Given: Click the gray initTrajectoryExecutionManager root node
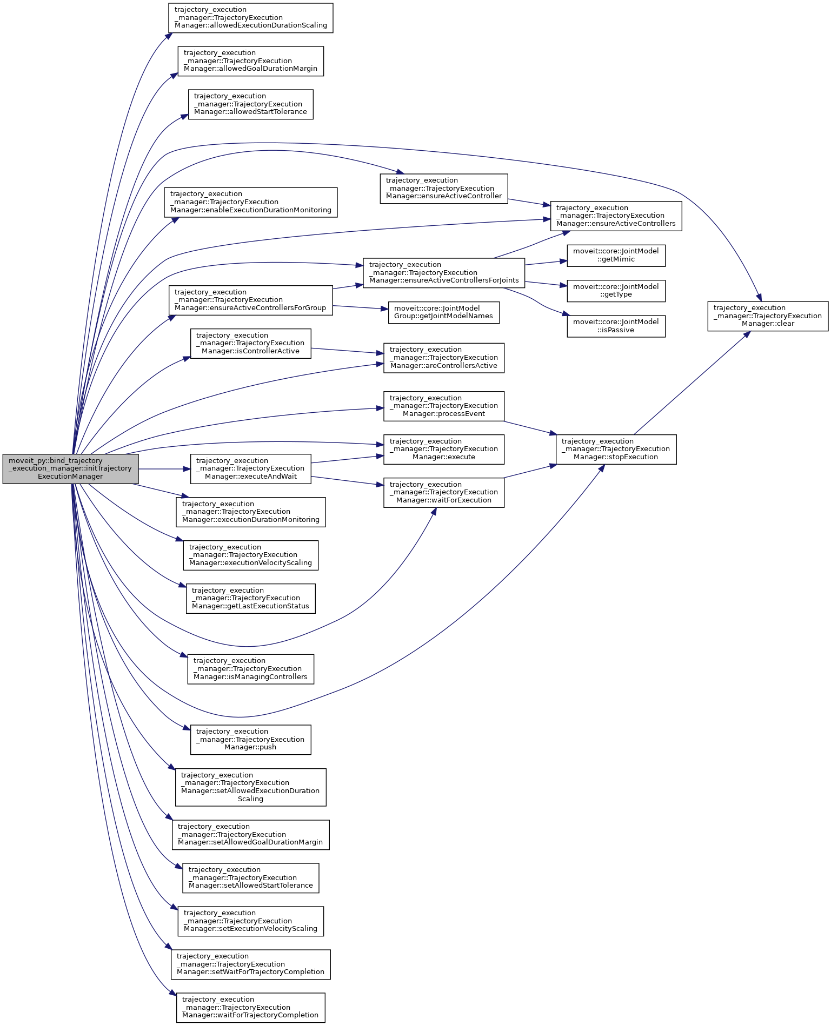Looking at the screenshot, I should coord(70,468).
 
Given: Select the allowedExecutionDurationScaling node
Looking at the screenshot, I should coord(250,18).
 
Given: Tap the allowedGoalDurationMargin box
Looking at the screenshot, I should coord(250,61).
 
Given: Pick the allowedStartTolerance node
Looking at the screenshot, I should coord(250,104).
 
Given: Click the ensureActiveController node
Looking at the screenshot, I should coord(443,189).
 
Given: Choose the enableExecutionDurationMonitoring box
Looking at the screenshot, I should coord(250,202).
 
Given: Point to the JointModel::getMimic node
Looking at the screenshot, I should coord(616,256).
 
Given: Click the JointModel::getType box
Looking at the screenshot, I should coord(616,291).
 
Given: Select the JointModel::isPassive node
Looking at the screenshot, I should coord(616,326).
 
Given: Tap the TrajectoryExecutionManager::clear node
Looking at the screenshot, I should coord(767,316).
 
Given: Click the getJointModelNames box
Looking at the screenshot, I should coord(443,312).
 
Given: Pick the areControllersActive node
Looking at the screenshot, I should coord(443,358).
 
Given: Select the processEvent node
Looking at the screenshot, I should coord(443,406).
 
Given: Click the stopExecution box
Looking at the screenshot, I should coord(616,449).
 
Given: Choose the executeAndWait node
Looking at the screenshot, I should coord(250,468).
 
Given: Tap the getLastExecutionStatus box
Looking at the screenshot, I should coord(250,598).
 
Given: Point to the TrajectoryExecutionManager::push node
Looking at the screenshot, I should coord(250,740).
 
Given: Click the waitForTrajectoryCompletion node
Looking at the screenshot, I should coord(250,1008).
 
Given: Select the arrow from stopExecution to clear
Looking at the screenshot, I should coord(692,383).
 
